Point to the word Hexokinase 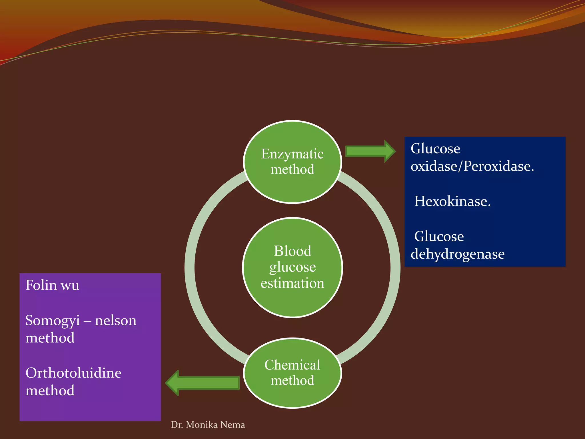(452, 201)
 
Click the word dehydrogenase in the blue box (457, 254)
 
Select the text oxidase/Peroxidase (472, 166)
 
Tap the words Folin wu (52, 285)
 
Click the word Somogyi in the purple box (53, 321)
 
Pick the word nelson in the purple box (116, 321)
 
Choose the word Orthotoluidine (73, 373)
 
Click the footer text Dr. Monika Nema (208, 425)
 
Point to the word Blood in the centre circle (292, 251)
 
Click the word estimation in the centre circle (292, 283)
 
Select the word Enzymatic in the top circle (292, 154)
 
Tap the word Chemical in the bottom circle (292, 365)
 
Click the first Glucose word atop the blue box (435, 149)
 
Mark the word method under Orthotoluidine (50, 390)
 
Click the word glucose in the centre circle (292, 268)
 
